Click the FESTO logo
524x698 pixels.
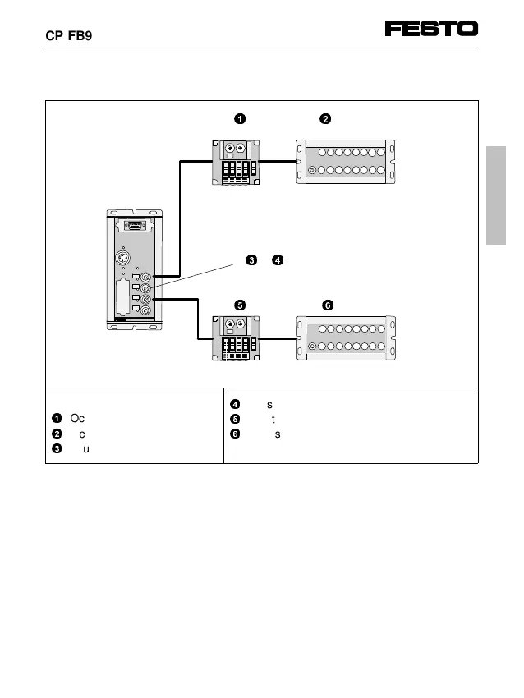[x=431, y=29]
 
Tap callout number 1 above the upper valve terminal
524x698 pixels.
[x=239, y=119]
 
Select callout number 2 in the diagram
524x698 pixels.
[x=325, y=119]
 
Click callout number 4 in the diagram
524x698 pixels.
[x=278, y=260]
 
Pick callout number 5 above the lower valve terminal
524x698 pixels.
[x=239, y=305]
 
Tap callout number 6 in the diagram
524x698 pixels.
[x=327, y=305]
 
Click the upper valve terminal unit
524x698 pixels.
[x=238, y=162]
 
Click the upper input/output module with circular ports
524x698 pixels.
[x=345, y=162]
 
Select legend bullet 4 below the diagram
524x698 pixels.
[x=235, y=404]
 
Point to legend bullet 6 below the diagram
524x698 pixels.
[x=235, y=433]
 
